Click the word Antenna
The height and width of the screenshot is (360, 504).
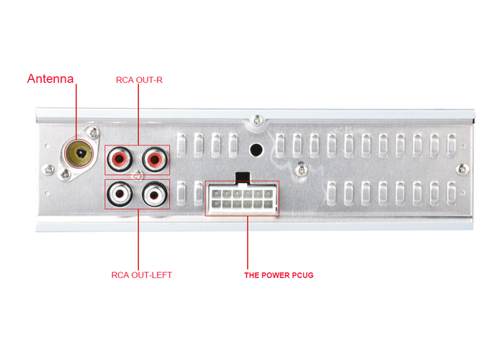pyautogui.click(x=50, y=78)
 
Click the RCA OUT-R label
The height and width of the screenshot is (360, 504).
pyautogui.click(x=139, y=79)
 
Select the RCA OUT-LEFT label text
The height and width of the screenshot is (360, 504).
pyautogui.click(x=142, y=274)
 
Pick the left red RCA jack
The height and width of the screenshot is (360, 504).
pyautogui.click(x=120, y=158)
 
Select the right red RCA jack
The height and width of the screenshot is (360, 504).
pyautogui.click(x=155, y=158)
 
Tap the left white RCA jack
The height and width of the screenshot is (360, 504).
pyautogui.click(x=120, y=193)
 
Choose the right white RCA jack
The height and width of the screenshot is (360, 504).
pyautogui.click(x=155, y=193)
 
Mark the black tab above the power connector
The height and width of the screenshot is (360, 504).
pyautogui.click(x=242, y=176)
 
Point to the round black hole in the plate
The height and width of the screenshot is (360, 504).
pyautogui.click(x=255, y=150)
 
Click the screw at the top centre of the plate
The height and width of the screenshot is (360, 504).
pyautogui.click(x=257, y=120)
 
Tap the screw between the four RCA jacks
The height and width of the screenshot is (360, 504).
pyautogui.click(x=138, y=174)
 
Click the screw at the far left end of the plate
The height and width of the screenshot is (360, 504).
pyautogui.click(x=48, y=169)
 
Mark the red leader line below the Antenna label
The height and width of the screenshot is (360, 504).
pyautogui.click(x=76, y=108)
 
